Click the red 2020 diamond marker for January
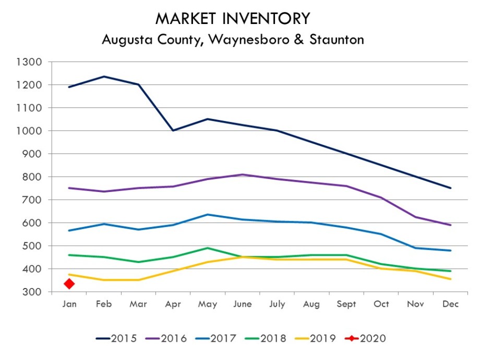pos(69,283)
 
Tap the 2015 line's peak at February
pos(104,77)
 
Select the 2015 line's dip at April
pos(173,130)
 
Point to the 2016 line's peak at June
pos(243,175)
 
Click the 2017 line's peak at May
pos(208,214)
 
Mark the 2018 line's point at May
pos(208,248)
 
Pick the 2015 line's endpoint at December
pos(450,188)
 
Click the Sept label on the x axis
pos(346,304)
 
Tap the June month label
pos(243,304)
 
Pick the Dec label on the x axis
pos(450,304)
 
